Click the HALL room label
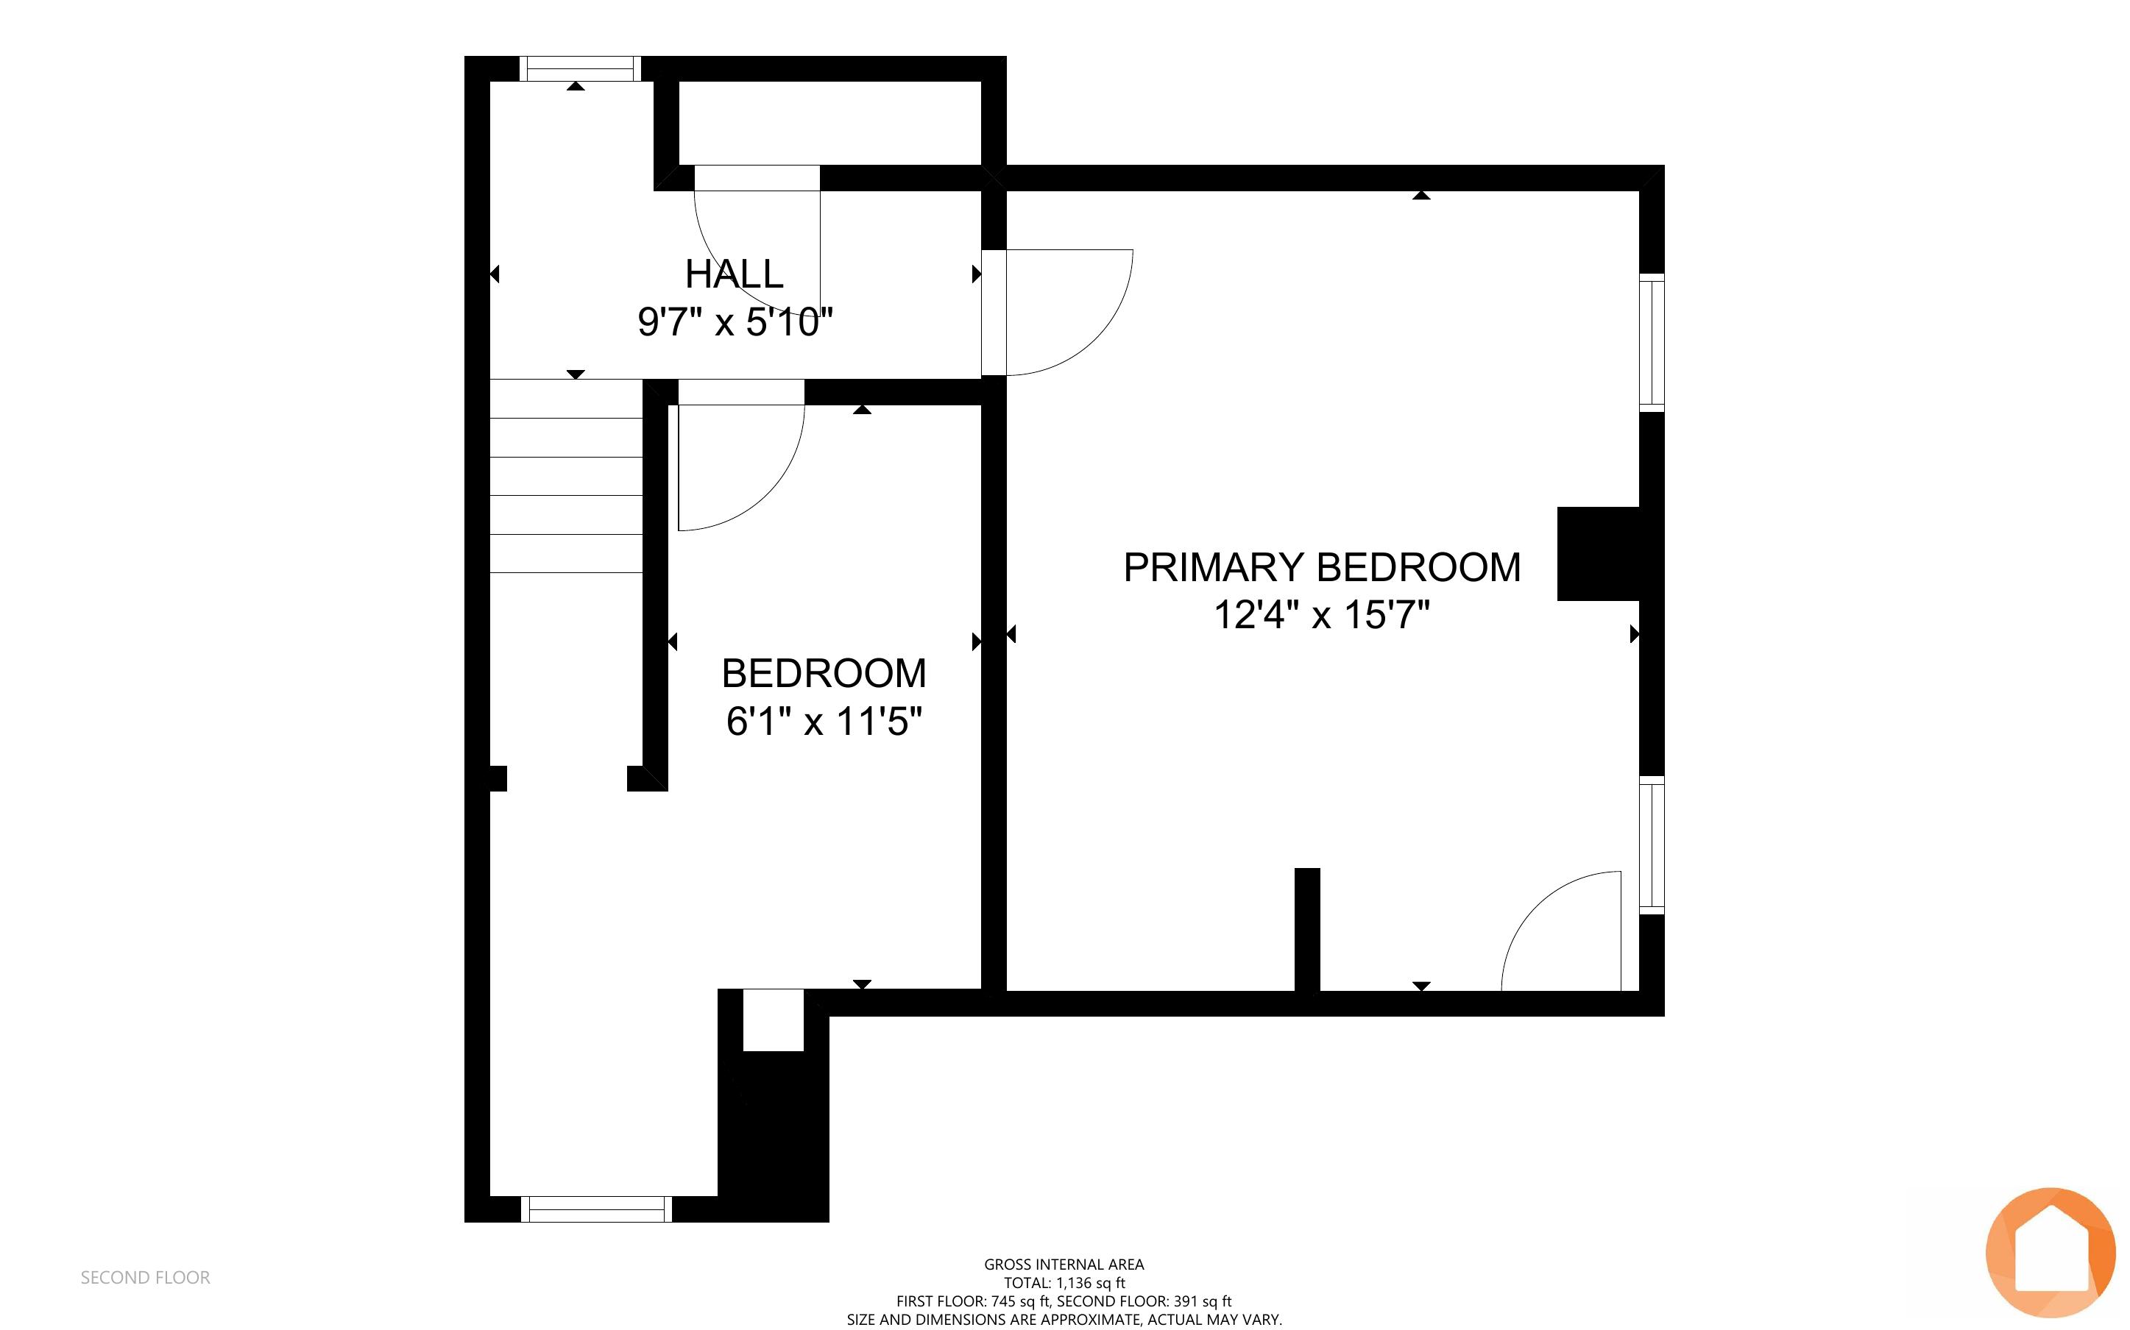(735, 274)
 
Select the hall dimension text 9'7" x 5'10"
(735, 322)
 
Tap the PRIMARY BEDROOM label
(1321, 567)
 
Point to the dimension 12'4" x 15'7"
(1321, 615)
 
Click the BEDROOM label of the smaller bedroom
(824, 674)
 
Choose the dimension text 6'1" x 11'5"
(824, 722)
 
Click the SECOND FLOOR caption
(145, 1277)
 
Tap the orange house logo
(2050, 1252)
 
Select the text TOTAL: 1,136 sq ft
(1064, 1282)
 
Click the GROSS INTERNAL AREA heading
(1064, 1264)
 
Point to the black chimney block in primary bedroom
(1598, 553)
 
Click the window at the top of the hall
(579, 68)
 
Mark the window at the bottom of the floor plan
(596, 1209)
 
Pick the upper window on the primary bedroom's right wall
(1652, 342)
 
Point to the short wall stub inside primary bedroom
(1307, 930)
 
